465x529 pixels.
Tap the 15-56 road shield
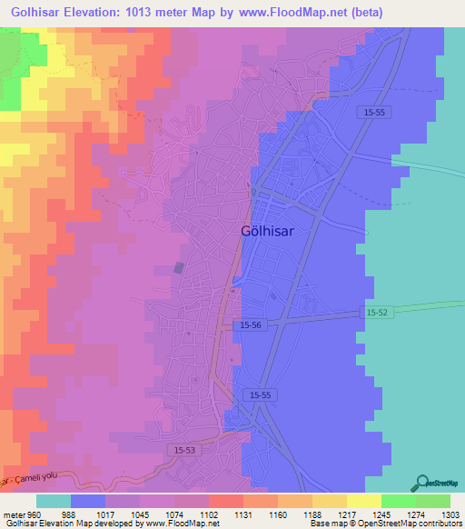252,324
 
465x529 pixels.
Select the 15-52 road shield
379,311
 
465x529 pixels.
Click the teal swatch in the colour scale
54,501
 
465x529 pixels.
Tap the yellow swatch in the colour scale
363,501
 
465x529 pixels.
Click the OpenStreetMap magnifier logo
420,483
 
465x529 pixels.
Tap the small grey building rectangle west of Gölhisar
179,267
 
